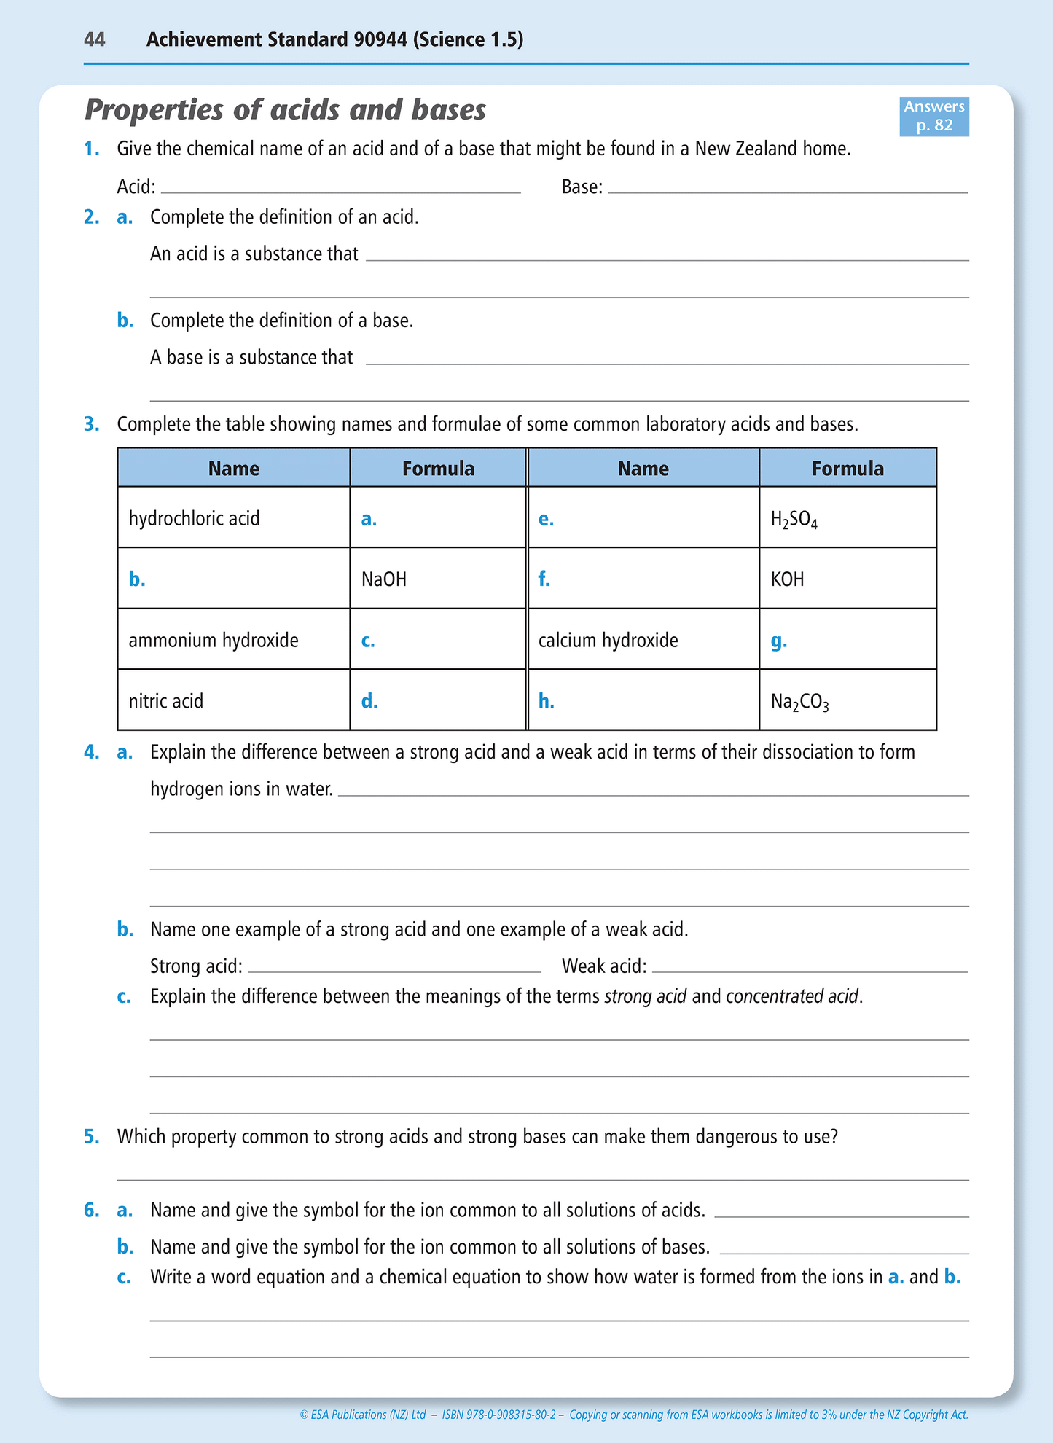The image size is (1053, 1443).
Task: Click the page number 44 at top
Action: coord(95,39)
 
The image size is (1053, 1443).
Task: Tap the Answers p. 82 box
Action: coord(933,117)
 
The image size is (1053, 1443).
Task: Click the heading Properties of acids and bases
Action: coord(286,110)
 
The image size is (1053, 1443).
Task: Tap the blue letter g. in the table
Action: coord(778,641)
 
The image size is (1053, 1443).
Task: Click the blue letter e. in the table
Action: coord(546,519)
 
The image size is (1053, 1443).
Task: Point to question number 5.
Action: coord(91,1136)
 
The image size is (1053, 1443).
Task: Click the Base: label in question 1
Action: coord(582,187)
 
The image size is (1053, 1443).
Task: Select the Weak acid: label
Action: coord(604,966)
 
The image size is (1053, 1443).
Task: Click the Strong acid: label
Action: coord(196,966)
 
